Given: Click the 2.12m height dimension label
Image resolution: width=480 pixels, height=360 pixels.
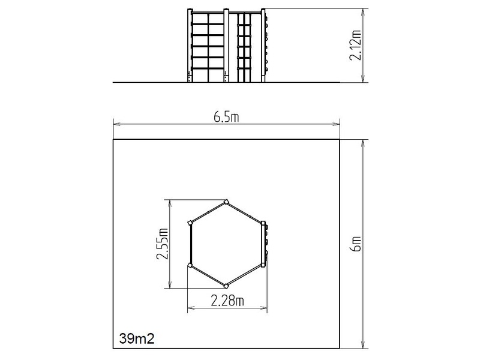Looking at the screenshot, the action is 355,46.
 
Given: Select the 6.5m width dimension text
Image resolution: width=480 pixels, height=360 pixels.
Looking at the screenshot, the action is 226,117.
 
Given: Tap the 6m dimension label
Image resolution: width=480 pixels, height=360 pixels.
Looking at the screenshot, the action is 355,244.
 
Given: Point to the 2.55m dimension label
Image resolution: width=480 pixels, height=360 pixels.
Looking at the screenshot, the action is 162,244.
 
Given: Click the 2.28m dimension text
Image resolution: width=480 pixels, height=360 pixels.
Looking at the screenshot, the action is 227,301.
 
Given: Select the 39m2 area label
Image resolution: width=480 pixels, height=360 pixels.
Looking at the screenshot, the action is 137,338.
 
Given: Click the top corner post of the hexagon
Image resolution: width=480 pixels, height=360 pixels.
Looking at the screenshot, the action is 226,202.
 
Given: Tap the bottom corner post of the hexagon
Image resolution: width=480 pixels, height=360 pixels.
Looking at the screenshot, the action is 226,286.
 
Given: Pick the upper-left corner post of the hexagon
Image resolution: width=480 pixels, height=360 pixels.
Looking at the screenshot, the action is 190,223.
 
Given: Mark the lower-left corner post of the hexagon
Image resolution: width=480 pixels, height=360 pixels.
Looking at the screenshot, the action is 190,265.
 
